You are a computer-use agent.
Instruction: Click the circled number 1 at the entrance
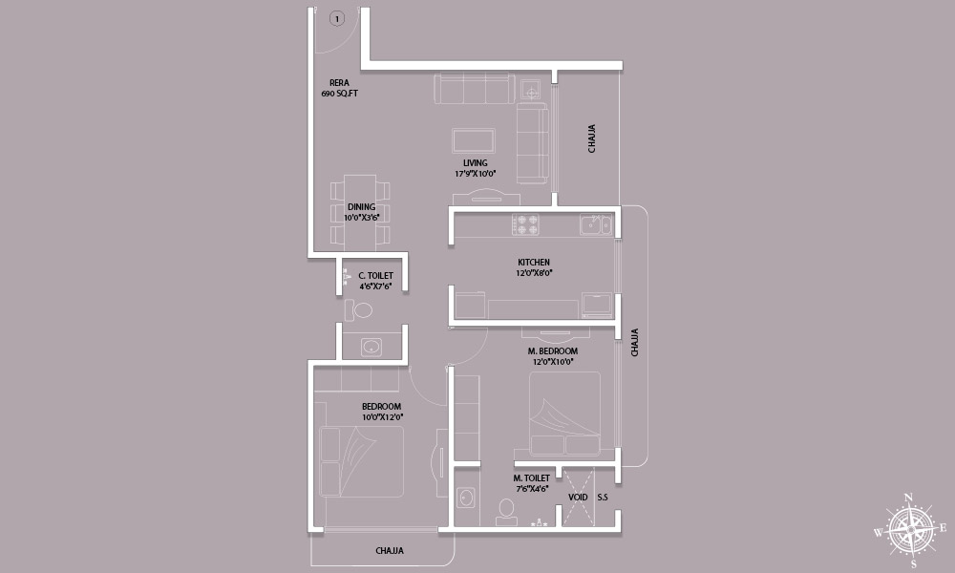coord(337,19)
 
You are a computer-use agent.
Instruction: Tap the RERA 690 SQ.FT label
coord(339,88)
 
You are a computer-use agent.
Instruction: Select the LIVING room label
coord(475,163)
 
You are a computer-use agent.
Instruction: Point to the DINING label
coord(361,207)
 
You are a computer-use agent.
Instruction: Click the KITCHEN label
coord(534,263)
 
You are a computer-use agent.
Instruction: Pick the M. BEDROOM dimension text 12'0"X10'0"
coord(553,362)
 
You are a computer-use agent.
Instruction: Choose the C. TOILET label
coord(375,276)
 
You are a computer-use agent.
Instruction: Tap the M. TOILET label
coord(531,478)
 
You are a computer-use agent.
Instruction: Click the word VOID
coord(578,498)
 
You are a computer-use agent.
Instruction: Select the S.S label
coord(603,498)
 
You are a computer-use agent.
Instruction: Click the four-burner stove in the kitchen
coord(526,224)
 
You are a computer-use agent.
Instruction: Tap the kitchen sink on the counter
coord(596,224)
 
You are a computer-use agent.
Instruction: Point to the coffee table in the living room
coord(474,140)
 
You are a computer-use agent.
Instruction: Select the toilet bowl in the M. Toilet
coord(506,512)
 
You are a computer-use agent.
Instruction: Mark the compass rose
coord(910,530)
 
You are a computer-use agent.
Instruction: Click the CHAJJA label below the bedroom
coord(390,551)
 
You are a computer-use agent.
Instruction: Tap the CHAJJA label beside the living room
coord(591,138)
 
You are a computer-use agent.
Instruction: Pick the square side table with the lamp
coord(530,90)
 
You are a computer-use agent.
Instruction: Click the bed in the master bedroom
coord(564,414)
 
